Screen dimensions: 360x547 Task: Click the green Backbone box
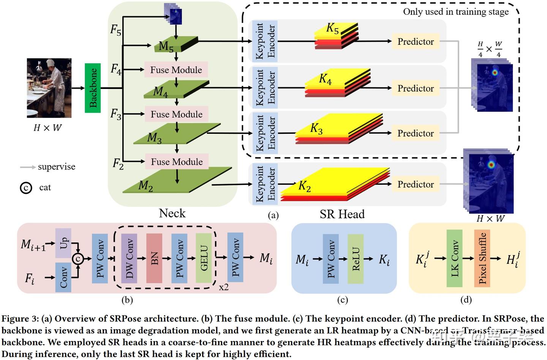tap(93, 88)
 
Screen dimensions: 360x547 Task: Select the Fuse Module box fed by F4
tap(176, 70)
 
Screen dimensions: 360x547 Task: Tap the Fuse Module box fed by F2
tap(177, 162)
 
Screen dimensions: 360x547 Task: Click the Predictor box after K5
tap(416, 41)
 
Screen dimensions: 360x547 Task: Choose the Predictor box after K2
tap(416, 184)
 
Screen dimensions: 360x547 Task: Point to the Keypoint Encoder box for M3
tap(265, 133)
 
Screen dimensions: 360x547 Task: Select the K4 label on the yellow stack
tap(325, 79)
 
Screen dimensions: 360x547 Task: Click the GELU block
tap(204, 259)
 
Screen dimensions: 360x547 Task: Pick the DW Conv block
tap(129, 259)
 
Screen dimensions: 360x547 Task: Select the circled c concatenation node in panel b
tap(77, 259)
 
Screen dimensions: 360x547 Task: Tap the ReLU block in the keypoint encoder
tap(356, 259)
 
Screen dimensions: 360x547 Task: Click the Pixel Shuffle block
tap(482, 259)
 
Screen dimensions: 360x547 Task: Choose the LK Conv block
tap(455, 259)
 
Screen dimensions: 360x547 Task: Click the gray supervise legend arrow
tap(28, 167)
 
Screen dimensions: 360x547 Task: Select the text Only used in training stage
tap(456, 12)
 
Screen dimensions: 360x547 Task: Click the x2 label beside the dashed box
tap(224, 287)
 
